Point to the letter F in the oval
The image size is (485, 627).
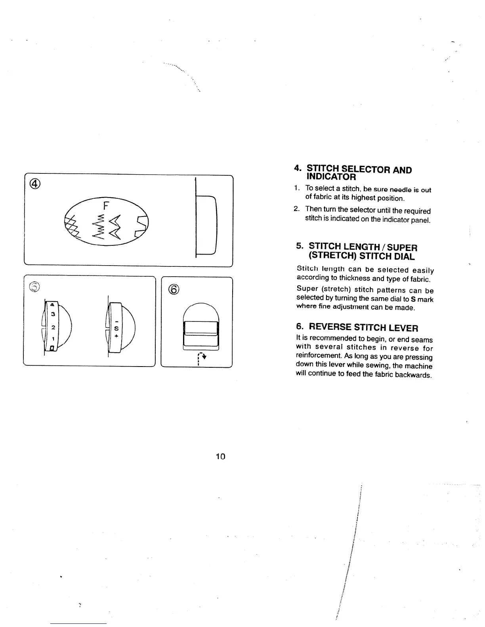pos(106,206)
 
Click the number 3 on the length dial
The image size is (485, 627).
pos(53,314)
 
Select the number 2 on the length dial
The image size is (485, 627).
pos(53,328)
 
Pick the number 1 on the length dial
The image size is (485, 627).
pos(53,339)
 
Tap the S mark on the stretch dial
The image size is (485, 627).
pos(116,328)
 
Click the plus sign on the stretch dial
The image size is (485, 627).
pos(116,336)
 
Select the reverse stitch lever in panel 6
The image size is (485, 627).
pos(201,329)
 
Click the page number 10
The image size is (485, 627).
pos(220,456)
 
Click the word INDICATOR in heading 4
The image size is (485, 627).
pos(331,177)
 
